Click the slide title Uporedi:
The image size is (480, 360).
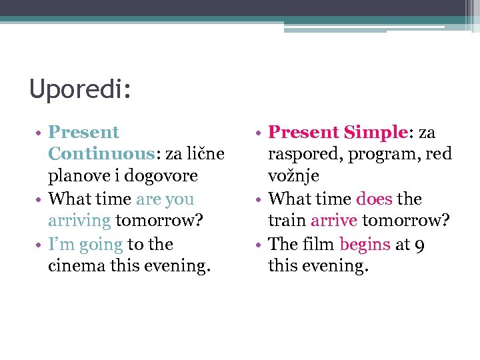tap(80, 89)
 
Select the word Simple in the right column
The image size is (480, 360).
tap(375, 132)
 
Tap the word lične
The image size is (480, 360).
tap(203, 154)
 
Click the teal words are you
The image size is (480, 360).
tap(165, 199)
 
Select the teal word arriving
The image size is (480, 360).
tap(79, 221)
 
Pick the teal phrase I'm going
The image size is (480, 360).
tap(85, 244)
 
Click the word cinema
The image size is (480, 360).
tap(79, 266)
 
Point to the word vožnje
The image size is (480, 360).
tap(293, 176)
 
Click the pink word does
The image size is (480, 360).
tap(374, 199)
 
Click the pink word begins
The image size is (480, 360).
tap(365, 244)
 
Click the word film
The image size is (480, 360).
tap(318, 244)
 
